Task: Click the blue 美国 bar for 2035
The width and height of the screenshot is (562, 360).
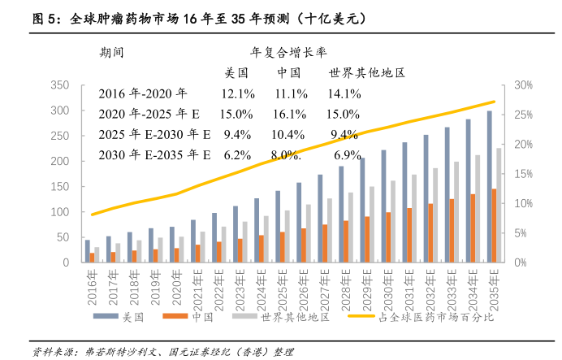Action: [x=489, y=187]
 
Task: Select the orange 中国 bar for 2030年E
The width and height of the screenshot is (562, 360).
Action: [x=388, y=237]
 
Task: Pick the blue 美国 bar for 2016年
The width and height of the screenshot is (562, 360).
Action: [x=88, y=251]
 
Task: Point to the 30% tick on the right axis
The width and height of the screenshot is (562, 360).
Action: [x=523, y=85]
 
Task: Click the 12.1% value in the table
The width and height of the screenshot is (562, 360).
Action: [x=238, y=93]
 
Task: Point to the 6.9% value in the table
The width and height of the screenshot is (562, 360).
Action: [x=347, y=154]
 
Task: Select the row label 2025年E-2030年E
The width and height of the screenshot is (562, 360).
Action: [x=154, y=133]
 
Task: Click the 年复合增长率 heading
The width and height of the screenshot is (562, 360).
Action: [x=288, y=53]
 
